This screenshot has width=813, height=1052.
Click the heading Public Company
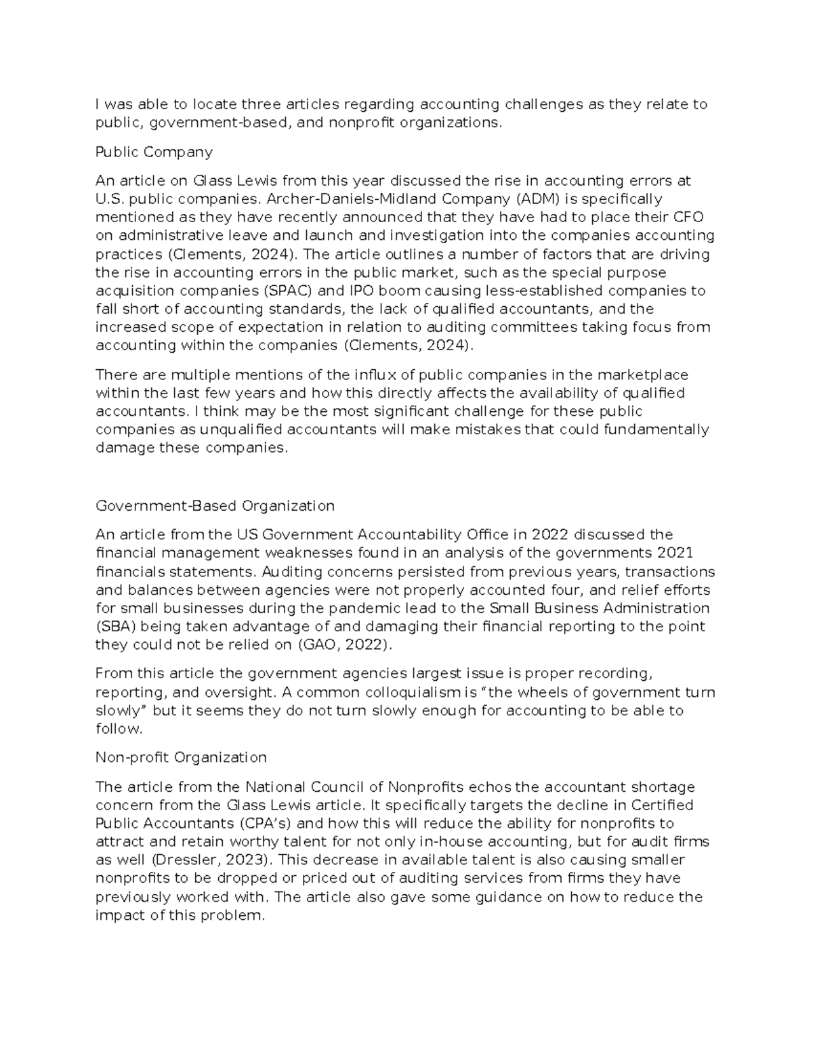154,152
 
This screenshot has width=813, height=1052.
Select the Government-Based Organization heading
215,506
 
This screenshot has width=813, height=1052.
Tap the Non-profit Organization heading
181,757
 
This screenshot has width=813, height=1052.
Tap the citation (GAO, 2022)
345,645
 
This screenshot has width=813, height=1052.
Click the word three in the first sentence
261,104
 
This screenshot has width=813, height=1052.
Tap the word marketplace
640,375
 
